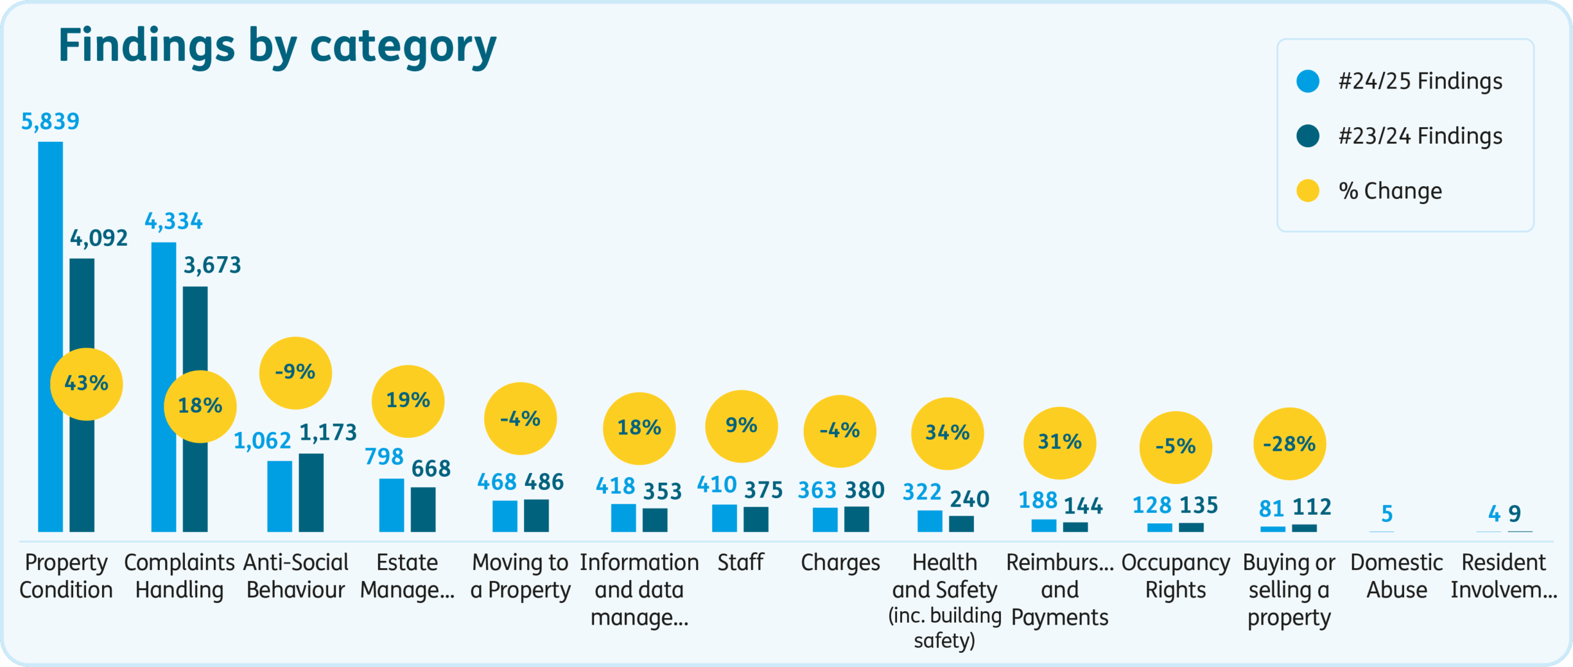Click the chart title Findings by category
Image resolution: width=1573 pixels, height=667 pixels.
point(277,46)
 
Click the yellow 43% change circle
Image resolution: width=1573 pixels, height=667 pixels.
point(86,384)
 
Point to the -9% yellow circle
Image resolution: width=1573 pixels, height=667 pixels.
point(295,372)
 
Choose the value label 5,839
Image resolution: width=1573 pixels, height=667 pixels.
point(50,122)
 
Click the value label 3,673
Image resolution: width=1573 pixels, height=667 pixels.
point(213,265)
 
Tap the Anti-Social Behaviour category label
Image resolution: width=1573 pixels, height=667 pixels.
point(296,576)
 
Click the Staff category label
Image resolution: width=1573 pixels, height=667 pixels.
point(740,563)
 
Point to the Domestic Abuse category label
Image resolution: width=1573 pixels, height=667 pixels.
point(1397,576)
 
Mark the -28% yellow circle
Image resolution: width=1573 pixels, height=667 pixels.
point(1289,443)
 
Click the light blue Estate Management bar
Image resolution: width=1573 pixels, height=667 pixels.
point(391,505)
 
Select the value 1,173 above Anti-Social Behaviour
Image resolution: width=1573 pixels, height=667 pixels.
point(328,433)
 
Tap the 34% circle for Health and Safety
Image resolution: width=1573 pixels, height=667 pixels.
point(947,433)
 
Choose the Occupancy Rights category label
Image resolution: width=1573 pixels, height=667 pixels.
point(1175,576)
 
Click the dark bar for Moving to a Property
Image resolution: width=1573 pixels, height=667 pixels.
point(536,515)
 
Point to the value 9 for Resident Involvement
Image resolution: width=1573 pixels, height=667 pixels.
point(1515,513)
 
